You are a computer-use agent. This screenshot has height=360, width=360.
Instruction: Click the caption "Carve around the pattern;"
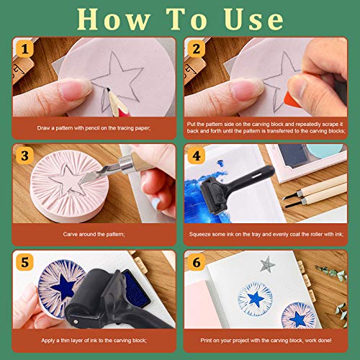tap(90, 234)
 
